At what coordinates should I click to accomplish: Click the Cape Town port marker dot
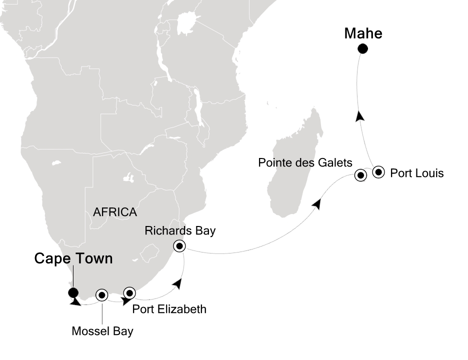click(73, 293)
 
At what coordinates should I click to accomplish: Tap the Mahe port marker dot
click(362, 48)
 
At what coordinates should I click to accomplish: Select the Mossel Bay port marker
click(102, 295)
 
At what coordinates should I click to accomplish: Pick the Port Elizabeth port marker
click(129, 292)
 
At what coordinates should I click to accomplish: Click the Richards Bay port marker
click(179, 245)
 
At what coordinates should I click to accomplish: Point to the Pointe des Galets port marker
click(360, 175)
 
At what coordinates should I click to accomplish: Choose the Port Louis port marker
click(378, 172)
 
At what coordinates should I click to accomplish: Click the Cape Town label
click(73, 258)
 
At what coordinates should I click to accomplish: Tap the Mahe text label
click(363, 33)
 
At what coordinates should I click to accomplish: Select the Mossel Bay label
click(102, 331)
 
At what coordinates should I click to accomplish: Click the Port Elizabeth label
click(169, 309)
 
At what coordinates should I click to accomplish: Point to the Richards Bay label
click(180, 230)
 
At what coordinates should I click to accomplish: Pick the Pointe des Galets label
click(305, 162)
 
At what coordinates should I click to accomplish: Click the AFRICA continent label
click(115, 212)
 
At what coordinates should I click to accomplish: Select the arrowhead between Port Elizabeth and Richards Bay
click(176, 284)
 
